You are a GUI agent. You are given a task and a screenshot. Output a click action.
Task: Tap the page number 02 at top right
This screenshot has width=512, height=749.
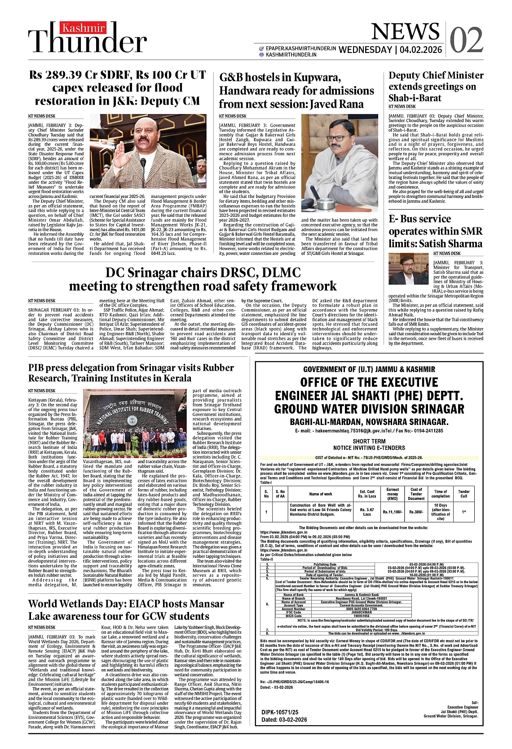[x=467, y=40]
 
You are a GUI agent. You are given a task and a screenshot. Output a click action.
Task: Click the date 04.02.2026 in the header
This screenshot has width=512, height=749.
[x=420, y=50]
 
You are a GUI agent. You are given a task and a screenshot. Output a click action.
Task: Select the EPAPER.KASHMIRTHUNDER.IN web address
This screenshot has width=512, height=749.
[x=300, y=48]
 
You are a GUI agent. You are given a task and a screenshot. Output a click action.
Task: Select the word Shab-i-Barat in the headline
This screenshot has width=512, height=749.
[x=415, y=98]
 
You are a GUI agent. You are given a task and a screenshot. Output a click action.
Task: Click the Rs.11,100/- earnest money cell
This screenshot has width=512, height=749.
[x=393, y=512]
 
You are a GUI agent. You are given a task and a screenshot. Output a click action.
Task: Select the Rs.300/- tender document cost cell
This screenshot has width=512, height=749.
[x=416, y=512]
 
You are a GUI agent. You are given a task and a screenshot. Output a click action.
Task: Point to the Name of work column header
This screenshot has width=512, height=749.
[x=321, y=494]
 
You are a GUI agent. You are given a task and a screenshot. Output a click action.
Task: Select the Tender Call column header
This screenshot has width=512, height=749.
[x=464, y=494]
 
